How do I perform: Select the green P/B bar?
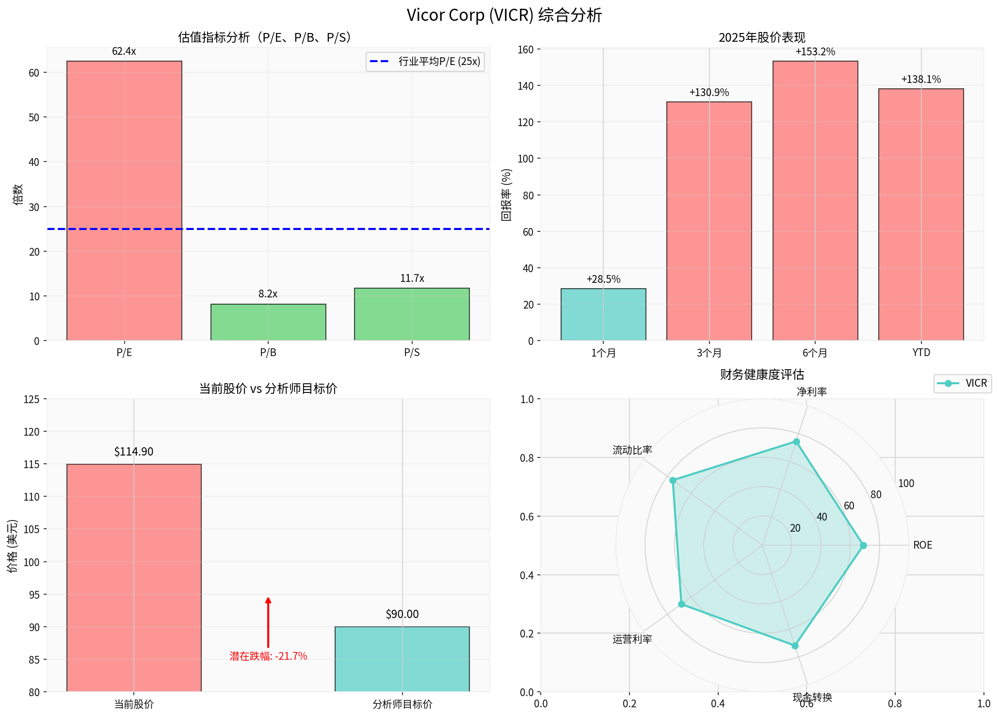(x=268, y=322)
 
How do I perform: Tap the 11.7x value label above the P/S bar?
(x=412, y=278)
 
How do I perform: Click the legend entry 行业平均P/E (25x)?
(x=425, y=62)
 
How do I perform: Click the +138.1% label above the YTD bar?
(x=920, y=80)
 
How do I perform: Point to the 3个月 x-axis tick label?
(x=709, y=353)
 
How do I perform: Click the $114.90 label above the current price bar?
(x=134, y=452)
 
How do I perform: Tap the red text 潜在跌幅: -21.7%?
(x=268, y=656)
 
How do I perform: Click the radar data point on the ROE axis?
(x=863, y=545)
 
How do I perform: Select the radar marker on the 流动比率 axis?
(x=673, y=480)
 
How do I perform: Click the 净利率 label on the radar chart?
(x=811, y=392)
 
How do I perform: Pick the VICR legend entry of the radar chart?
(x=963, y=383)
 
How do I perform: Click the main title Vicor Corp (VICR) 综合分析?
(x=504, y=15)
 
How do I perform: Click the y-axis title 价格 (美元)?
(x=13, y=546)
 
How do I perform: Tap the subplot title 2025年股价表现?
(x=762, y=37)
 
